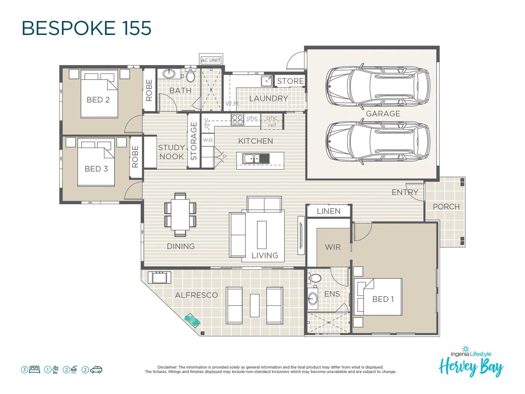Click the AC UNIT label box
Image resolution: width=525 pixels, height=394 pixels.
[x=211, y=60]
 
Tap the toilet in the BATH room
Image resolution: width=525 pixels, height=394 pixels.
[x=190, y=76]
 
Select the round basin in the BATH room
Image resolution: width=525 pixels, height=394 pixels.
[x=169, y=74]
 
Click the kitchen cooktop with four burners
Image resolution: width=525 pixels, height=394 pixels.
[x=237, y=119]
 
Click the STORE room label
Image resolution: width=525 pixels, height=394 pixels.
[x=290, y=81]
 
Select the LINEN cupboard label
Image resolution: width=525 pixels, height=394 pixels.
[x=328, y=211]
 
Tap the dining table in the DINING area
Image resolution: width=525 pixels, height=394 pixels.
[x=180, y=215]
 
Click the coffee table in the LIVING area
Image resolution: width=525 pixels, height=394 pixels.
[x=261, y=235]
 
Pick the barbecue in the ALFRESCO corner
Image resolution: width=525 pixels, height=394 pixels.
[x=159, y=277]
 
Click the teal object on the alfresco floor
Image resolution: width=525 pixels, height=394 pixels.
[x=192, y=321]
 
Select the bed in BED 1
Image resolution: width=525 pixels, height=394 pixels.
[x=378, y=297]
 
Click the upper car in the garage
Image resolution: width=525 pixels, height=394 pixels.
[x=377, y=87]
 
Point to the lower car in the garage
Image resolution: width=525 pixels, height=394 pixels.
[x=377, y=142]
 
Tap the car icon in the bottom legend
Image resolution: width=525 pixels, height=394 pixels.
[x=96, y=370]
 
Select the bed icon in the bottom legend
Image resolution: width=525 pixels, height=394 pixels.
[x=35, y=370]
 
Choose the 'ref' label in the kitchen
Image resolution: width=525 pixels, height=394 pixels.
[x=272, y=125]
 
